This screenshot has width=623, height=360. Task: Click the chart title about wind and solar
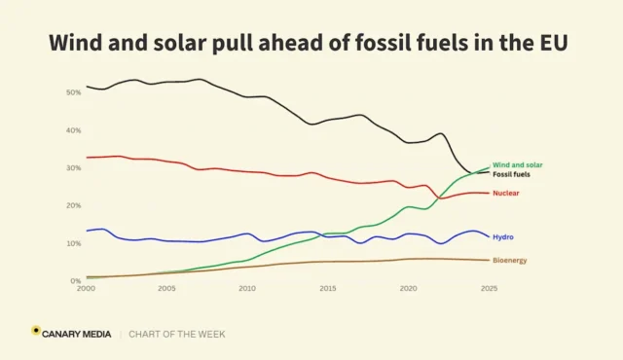point(309,43)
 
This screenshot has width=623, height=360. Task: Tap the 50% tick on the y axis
point(74,92)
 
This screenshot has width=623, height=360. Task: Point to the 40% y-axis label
point(74,130)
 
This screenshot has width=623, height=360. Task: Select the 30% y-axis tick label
point(74,168)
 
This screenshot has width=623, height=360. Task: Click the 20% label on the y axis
point(74,205)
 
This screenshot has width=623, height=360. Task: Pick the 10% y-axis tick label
point(74,243)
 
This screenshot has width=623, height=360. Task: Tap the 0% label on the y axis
point(76,280)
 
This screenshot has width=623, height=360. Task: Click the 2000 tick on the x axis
point(86,289)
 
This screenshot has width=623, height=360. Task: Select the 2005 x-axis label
point(166,289)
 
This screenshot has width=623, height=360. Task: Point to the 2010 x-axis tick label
point(247,289)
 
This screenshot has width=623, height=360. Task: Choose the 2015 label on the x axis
point(328,289)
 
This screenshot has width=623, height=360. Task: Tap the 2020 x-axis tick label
point(409,289)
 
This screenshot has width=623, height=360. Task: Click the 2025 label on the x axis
point(489,289)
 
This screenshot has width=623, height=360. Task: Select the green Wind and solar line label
point(517,165)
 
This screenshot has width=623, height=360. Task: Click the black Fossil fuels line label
point(511,174)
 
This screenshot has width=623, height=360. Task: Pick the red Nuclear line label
point(506,194)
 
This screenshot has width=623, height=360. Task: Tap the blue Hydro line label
point(503,237)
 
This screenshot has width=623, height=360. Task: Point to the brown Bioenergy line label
point(510,261)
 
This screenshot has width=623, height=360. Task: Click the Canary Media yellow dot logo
point(36,330)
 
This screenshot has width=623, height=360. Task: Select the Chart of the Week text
point(177,334)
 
